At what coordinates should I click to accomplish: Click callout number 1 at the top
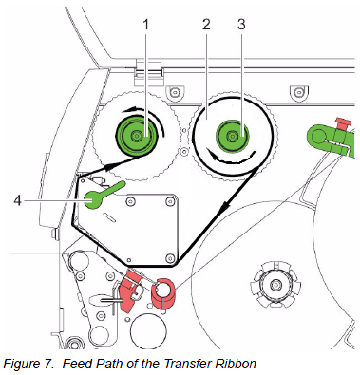(x=145, y=25)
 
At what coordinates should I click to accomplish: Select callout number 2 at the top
(x=206, y=25)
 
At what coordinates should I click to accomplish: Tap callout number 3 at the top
(x=241, y=25)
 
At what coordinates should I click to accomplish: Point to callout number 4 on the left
(x=18, y=200)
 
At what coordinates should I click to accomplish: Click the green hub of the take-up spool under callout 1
(x=137, y=136)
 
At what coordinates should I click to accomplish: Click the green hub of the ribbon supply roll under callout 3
(x=233, y=137)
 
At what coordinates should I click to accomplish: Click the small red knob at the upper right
(x=343, y=122)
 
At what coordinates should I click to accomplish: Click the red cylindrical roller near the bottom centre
(x=162, y=292)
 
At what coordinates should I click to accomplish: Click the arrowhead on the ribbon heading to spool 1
(x=108, y=167)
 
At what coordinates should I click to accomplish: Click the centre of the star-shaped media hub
(x=275, y=285)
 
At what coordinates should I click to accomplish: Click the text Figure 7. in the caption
(x=28, y=364)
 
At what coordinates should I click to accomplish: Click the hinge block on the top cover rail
(x=148, y=72)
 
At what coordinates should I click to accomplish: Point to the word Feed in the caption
(x=76, y=364)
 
